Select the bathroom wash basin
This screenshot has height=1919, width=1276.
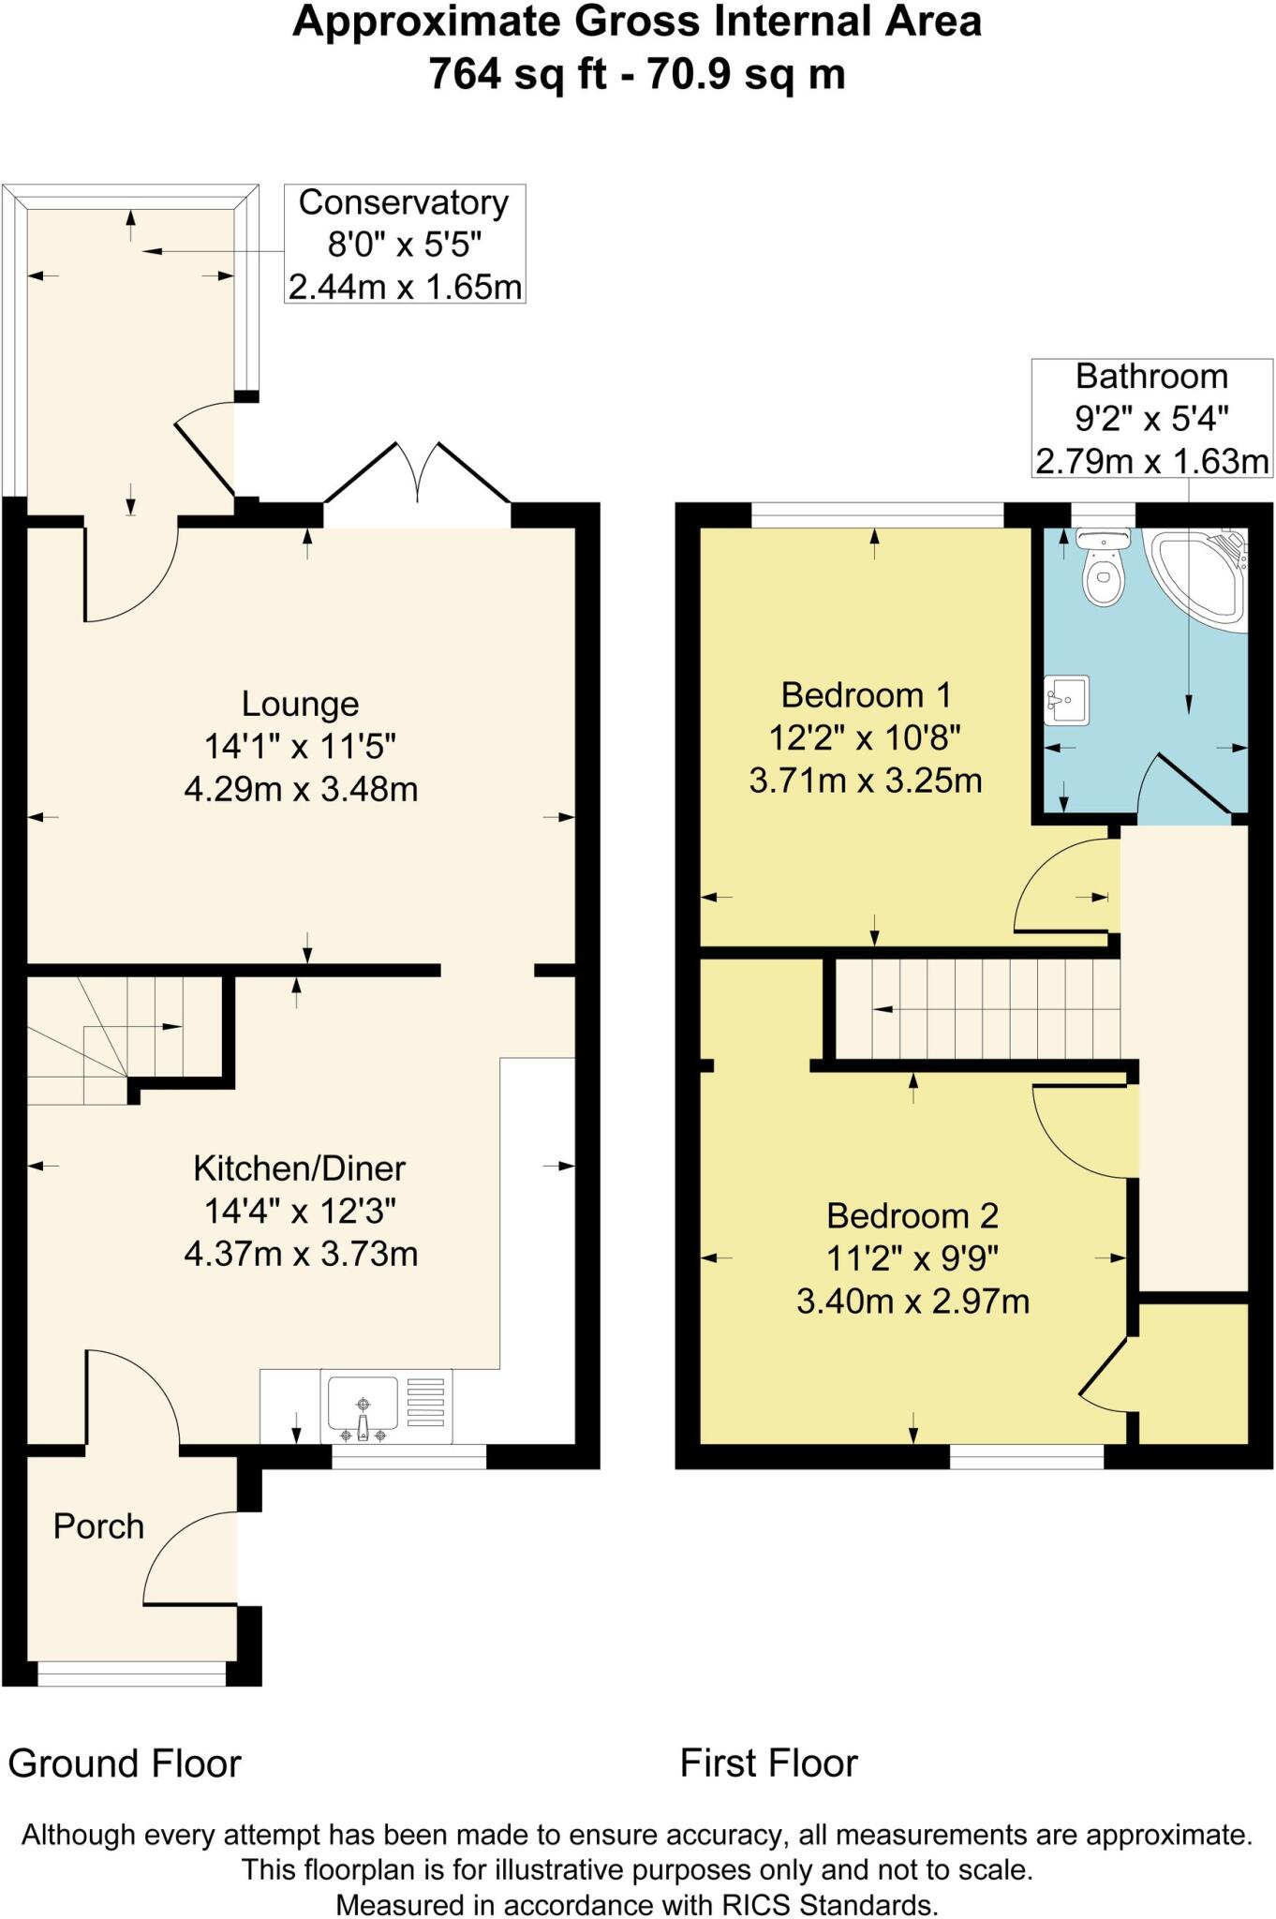click(1066, 700)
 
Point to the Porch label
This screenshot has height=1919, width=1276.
click(98, 1526)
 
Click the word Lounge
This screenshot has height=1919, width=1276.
click(300, 704)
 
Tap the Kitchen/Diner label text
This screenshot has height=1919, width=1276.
click(300, 1168)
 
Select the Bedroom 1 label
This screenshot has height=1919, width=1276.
click(866, 695)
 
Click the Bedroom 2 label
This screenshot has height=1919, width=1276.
click(912, 1215)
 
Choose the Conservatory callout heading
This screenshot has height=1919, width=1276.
click(404, 202)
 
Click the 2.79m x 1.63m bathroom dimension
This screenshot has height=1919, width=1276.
click(1151, 461)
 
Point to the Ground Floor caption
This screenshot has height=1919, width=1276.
click(125, 1763)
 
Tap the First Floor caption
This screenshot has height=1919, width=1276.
click(768, 1763)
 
